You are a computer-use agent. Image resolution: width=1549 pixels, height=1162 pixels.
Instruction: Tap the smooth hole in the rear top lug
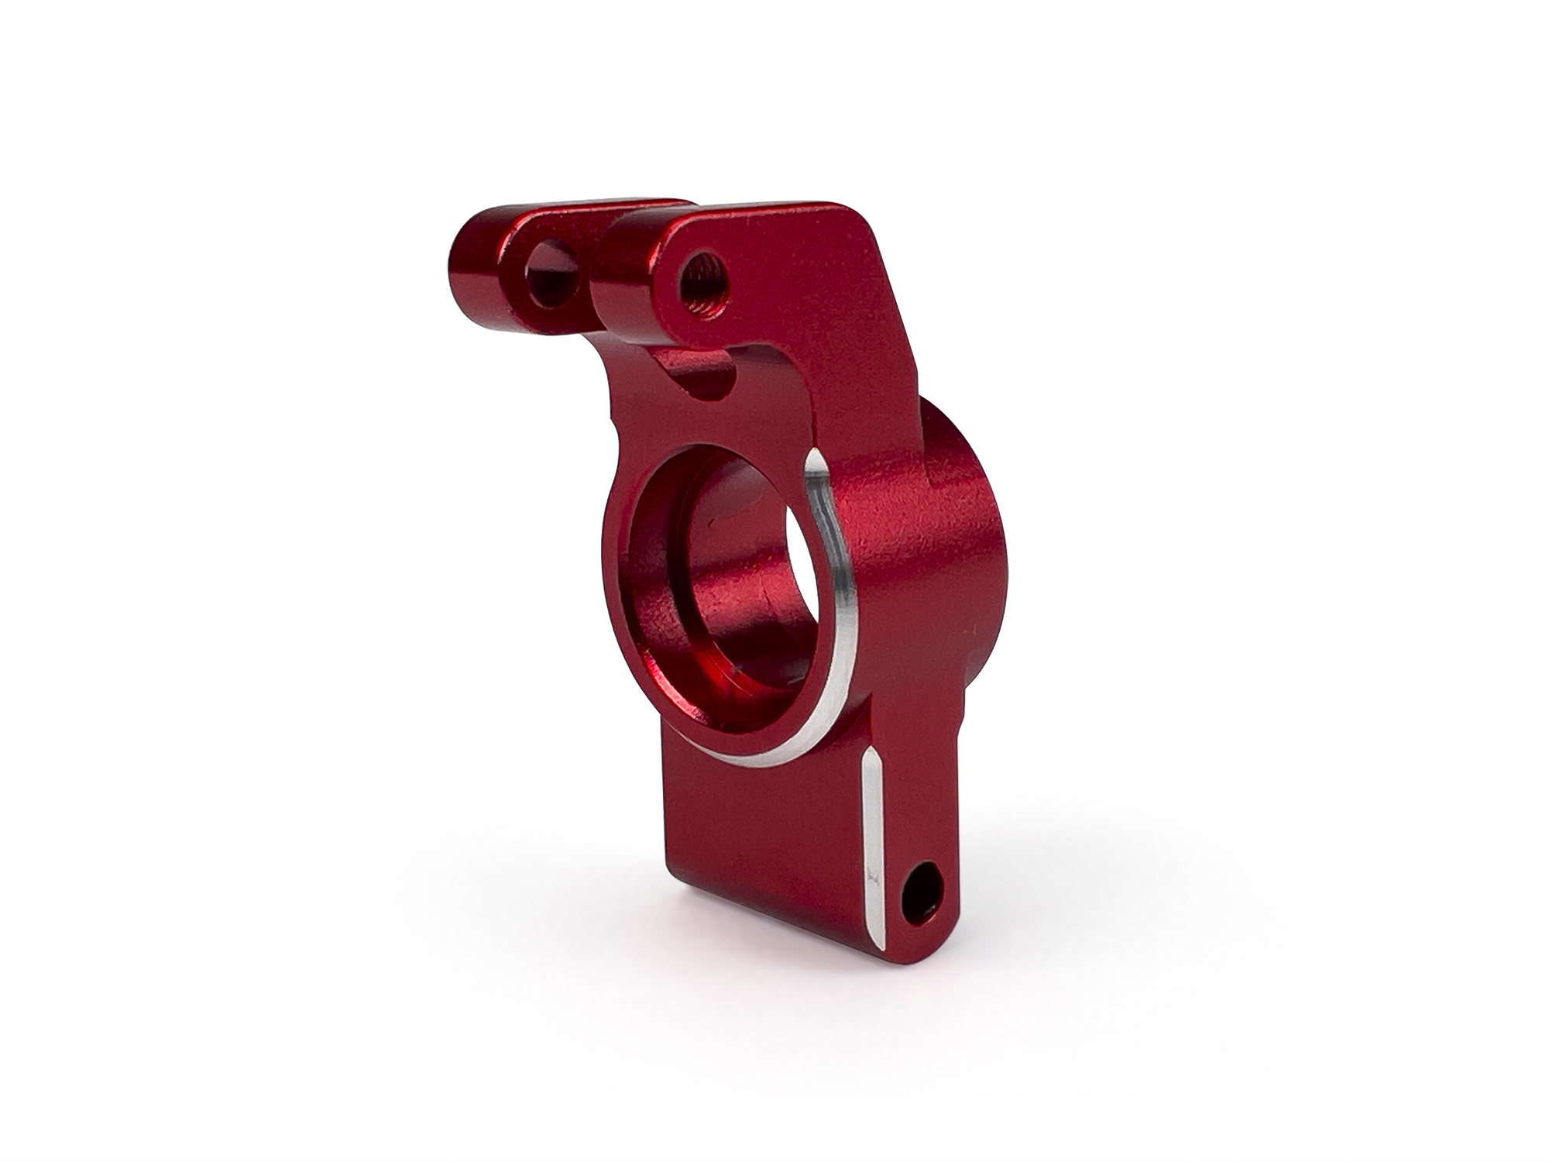pyautogui.click(x=551, y=276)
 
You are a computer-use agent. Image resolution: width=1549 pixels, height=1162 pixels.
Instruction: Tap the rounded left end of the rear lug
pyautogui.click(x=469, y=267)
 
